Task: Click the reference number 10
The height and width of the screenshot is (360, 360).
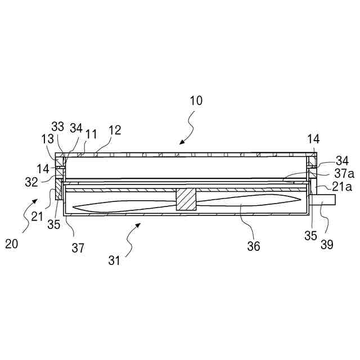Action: click(196, 101)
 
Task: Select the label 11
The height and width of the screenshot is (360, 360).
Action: click(91, 134)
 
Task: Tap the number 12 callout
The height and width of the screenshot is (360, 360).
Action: click(115, 130)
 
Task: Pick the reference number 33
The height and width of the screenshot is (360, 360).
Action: click(58, 127)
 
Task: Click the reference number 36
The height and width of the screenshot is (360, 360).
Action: click(254, 246)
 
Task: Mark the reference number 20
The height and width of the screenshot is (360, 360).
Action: click(11, 244)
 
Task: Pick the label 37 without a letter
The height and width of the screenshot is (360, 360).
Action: click(78, 247)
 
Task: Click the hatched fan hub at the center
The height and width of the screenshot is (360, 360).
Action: click(186, 200)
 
